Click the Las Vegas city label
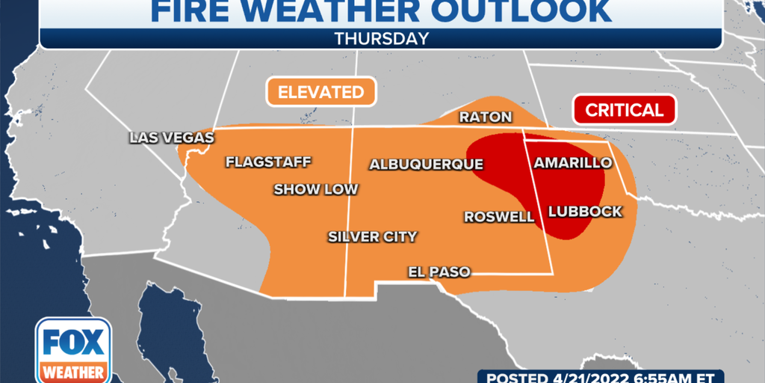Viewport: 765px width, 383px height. point(172,138)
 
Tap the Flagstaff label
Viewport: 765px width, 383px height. point(268,162)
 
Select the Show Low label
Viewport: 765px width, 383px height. point(315,189)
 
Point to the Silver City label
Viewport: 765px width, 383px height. point(372,237)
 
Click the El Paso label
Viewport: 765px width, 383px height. point(439,272)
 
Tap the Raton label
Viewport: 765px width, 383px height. point(486,117)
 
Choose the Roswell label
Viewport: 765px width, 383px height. point(499,217)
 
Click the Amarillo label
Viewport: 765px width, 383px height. point(568,163)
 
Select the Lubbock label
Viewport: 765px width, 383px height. point(585,212)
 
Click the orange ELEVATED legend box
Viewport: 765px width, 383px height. point(320,93)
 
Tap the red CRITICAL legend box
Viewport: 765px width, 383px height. point(624,110)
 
